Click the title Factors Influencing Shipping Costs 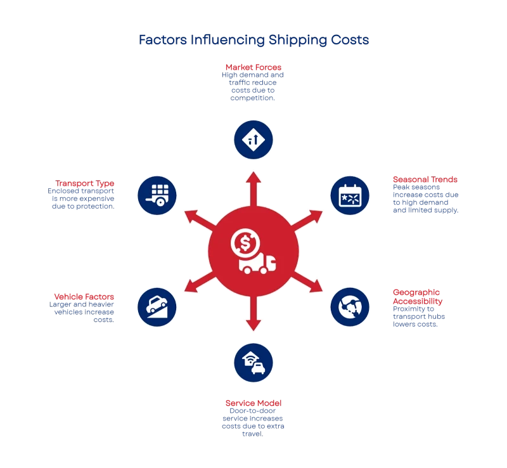click(x=253, y=40)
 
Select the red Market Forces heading click(x=253, y=66)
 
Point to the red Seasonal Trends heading click(x=425, y=179)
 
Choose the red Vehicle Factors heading click(x=84, y=296)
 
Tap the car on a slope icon click(x=157, y=307)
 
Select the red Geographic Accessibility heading click(x=416, y=296)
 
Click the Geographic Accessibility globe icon click(x=350, y=307)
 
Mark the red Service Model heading click(x=253, y=403)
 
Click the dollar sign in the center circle click(x=244, y=242)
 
